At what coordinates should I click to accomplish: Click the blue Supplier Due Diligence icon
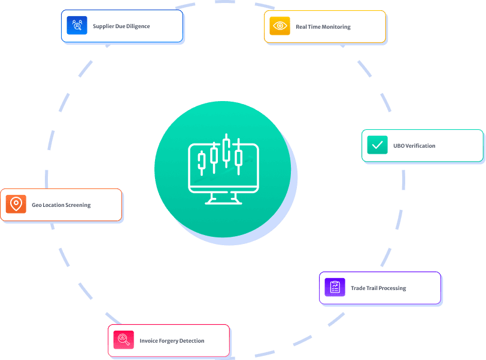point(77,25)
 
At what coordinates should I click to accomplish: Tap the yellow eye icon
point(280,26)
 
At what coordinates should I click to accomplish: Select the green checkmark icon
point(377,145)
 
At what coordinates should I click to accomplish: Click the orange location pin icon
point(16,204)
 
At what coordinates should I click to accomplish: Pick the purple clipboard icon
point(335,287)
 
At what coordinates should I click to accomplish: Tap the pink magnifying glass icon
point(123,340)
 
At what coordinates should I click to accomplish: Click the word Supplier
point(103,26)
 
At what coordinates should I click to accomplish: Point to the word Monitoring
point(336,27)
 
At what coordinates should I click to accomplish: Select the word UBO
point(399,145)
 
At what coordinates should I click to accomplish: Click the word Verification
point(420,145)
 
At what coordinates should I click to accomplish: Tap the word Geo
point(37,205)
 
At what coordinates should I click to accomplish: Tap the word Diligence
point(138,26)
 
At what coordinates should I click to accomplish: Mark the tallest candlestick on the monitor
point(226,151)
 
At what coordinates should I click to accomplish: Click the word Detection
point(192,341)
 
